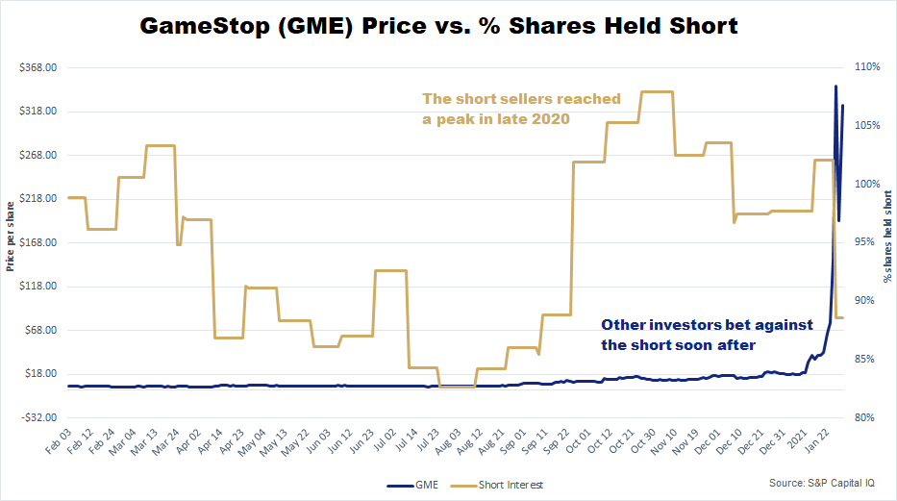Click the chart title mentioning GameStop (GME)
439,26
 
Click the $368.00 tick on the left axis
37,67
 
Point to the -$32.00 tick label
37,417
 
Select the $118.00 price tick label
37,287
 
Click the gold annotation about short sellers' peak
521,109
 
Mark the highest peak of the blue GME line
835,87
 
